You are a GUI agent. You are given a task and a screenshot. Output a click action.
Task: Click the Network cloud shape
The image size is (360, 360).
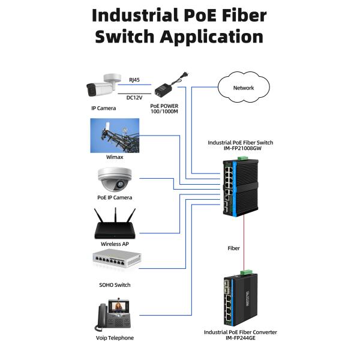pos(244,88)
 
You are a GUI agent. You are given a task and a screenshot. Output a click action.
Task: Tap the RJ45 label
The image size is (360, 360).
pos(134,78)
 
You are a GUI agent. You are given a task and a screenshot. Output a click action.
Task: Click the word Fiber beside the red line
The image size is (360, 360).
pos(233,247)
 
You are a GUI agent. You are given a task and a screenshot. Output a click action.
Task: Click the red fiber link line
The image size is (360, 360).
pos(244,237)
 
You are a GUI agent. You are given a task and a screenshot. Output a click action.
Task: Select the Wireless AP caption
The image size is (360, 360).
pos(114,244)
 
